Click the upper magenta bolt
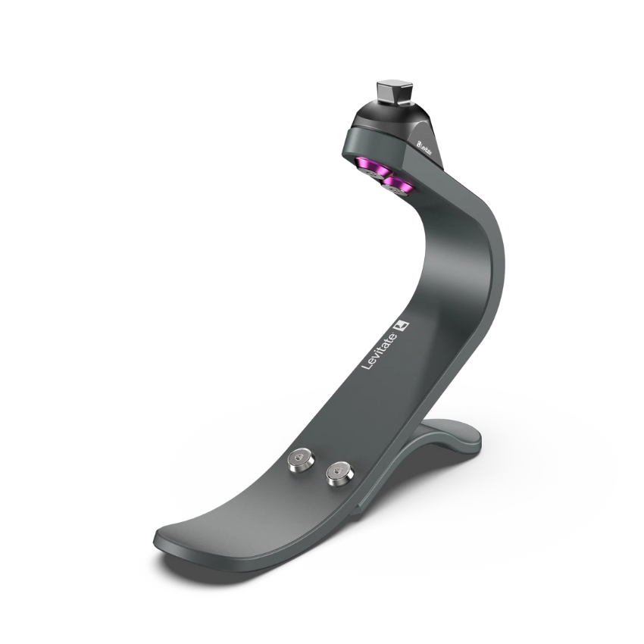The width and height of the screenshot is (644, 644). pos(373,168)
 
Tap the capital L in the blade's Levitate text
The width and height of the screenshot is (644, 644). pos(367,364)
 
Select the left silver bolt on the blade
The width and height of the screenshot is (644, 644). pos(301,461)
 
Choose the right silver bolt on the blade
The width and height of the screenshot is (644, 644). pos(340,473)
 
